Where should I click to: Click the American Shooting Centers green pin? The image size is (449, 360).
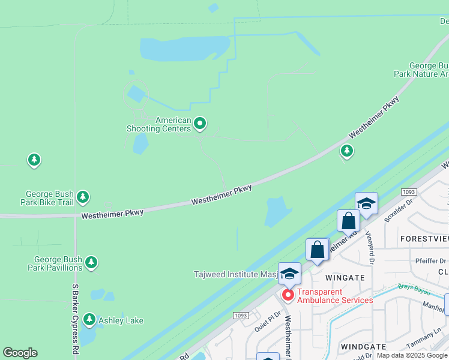200,124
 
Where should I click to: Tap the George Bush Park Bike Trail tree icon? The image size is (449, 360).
83,197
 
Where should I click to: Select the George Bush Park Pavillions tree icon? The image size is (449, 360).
91,262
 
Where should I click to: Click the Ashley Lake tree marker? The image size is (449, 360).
89,319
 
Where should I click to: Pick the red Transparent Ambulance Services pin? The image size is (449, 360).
288,295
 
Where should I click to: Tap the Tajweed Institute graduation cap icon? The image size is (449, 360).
289,274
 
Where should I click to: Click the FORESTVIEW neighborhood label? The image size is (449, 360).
424,239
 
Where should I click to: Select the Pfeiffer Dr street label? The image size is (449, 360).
431,261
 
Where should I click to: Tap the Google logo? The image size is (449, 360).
20,353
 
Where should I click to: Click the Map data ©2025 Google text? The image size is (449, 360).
412,355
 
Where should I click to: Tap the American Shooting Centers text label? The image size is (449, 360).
158,124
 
